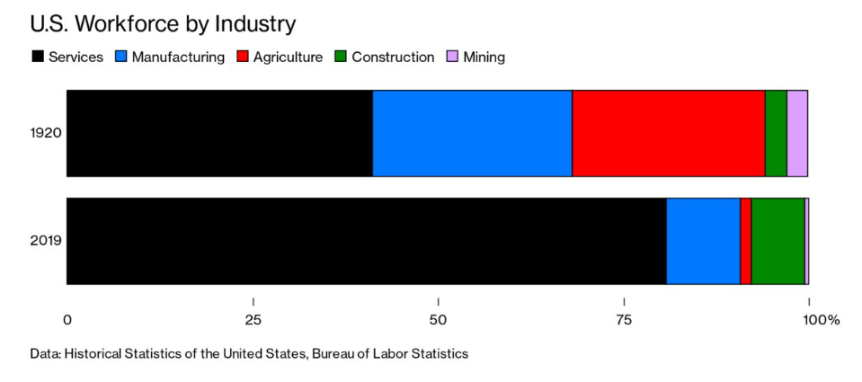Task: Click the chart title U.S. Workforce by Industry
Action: point(163,23)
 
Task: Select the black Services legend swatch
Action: point(37,57)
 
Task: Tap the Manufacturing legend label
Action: point(178,57)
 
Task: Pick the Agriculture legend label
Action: point(288,57)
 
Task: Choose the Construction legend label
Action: point(393,57)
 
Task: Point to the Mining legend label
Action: point(484,57)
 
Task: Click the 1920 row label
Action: point(45,133)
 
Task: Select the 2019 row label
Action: point(45,241)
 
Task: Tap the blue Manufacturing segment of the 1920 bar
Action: point(472,133)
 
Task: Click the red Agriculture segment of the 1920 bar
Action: point(668,133)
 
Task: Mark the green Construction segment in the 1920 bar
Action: point(776,133)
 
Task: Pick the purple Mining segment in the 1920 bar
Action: point(797,133)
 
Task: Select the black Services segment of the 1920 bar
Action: point(219,133)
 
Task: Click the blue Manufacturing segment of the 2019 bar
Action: point(703,241)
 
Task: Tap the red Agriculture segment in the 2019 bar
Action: point(745,241)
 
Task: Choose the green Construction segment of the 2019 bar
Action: point(778,241)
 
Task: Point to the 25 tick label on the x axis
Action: point(253,320)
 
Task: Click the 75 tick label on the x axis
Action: point(624,320)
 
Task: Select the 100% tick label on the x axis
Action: point(821,320)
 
